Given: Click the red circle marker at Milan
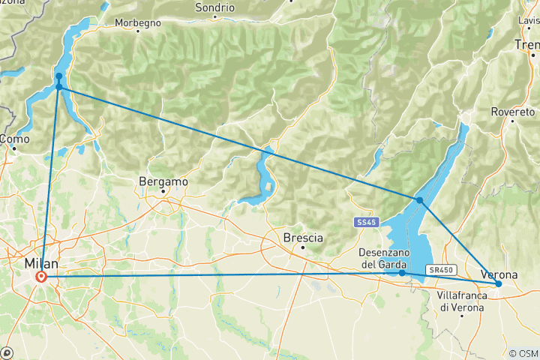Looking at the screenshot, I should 41,277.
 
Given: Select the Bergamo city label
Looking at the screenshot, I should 163,181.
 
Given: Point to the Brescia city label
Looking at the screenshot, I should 304,238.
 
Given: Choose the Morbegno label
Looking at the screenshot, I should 138,23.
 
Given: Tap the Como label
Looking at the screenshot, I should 15,139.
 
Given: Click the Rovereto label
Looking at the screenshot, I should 513,112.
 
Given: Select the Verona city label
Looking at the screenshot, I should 498,274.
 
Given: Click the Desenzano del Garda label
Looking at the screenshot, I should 382,259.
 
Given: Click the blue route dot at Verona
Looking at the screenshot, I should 499,284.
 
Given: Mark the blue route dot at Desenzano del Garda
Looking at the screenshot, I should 402,273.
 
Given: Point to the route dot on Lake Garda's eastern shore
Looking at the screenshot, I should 420,200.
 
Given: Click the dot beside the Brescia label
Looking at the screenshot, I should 303,247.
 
